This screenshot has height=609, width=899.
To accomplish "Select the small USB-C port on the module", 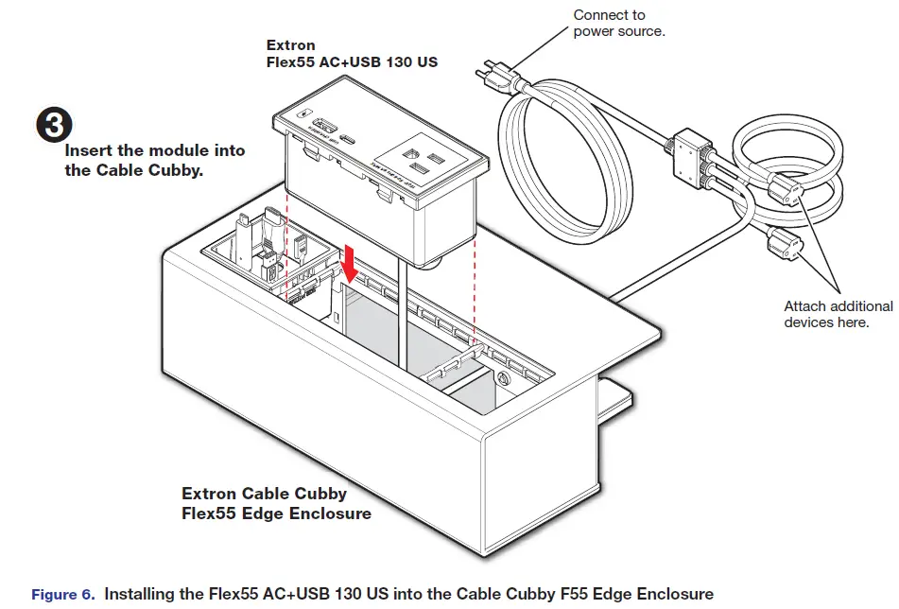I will pos(352,137).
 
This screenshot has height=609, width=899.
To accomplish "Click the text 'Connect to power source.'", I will pos(619,24).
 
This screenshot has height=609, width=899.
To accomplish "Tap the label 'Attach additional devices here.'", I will pos(838,314).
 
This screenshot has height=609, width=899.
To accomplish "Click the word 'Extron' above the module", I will pos(290,45).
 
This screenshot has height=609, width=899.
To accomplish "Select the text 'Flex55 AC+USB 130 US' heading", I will pos(352,62).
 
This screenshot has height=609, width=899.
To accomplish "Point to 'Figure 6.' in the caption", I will pos(62,594).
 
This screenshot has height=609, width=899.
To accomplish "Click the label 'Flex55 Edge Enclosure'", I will pos(276,513).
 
